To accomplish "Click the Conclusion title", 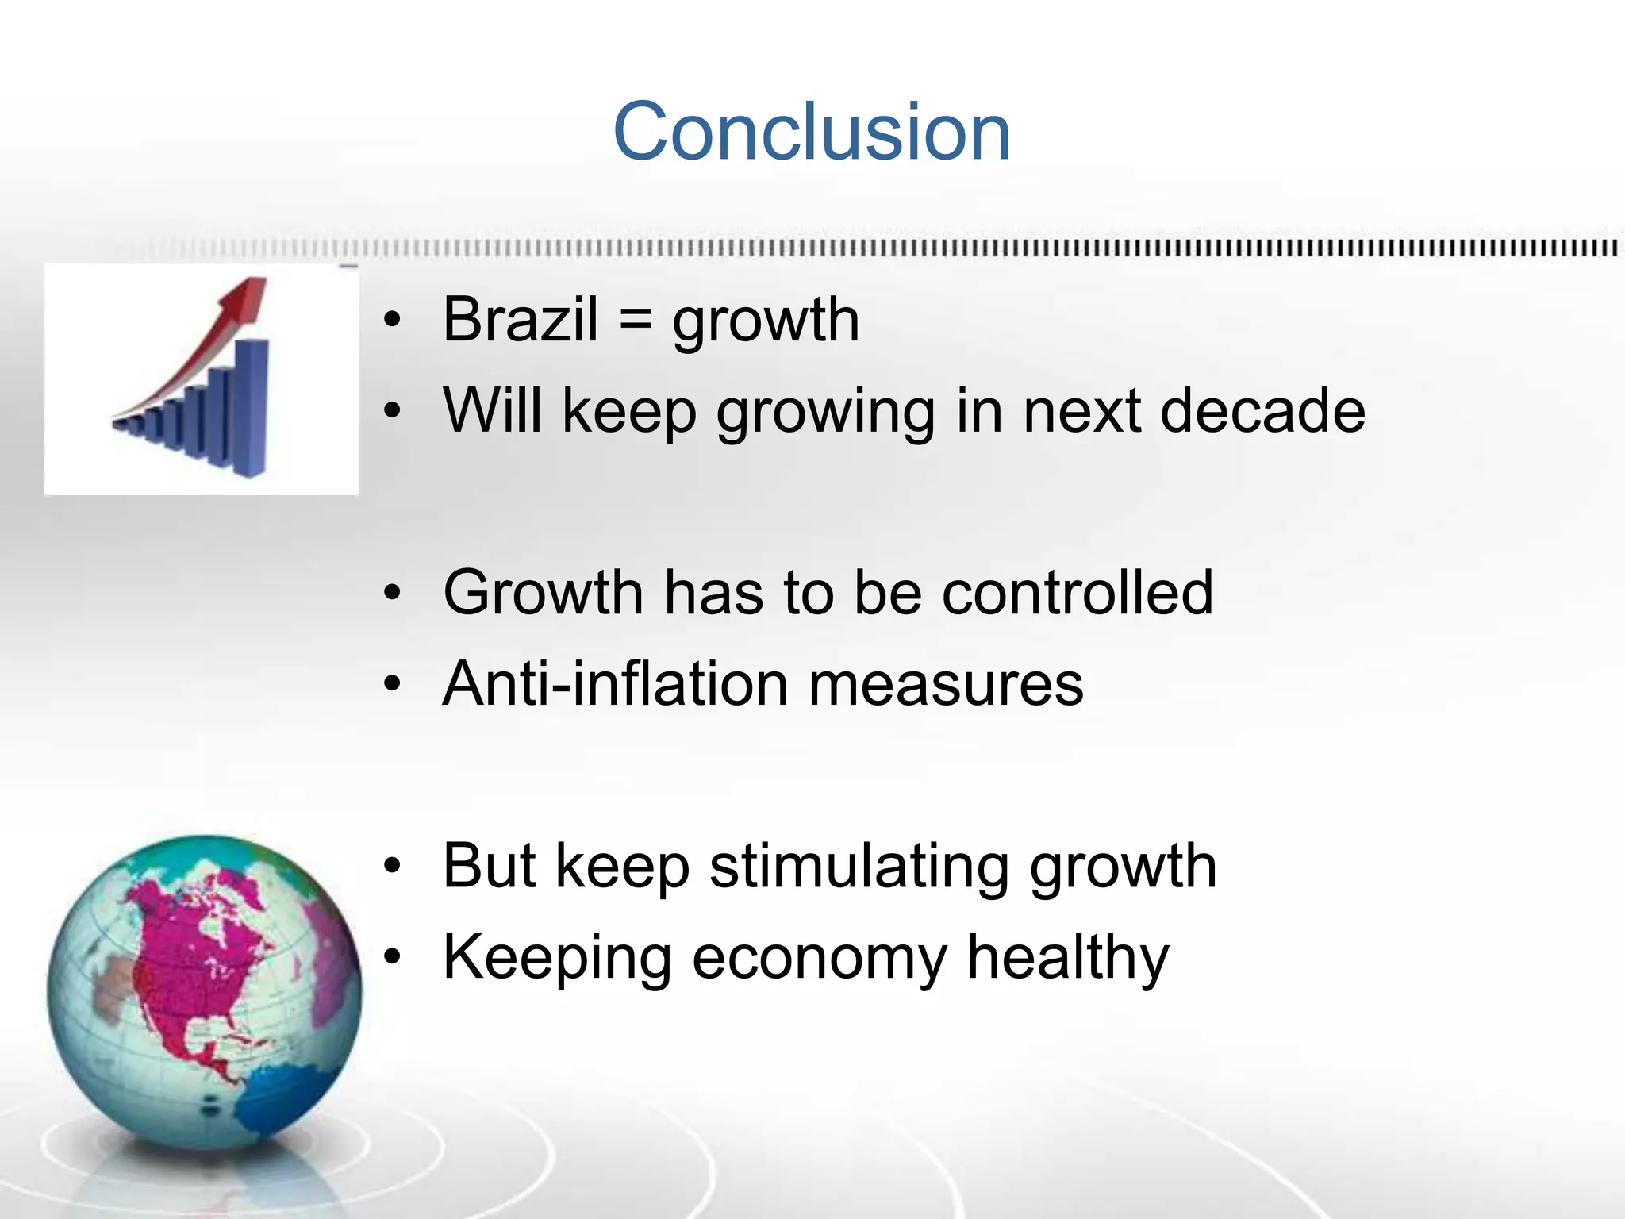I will pyautogui.click(x=812, y=132).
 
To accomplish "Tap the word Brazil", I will pyautogui.click(x=520, y=320).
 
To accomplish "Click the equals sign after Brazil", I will pyautogui.click(x=635, y=320).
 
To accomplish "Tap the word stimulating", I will pyautogui.click(x=859, y=867).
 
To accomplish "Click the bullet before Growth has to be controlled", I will pyautogui.click(x=392, y=593).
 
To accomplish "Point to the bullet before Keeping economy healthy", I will pyautogui.click(x=392, y=957).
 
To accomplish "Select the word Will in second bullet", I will pyautogui.click(x=492, y=411).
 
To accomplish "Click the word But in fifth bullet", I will pyautogui.click(x=489, y=866).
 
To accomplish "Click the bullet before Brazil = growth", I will pyautogui.click(x=392, y=320).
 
